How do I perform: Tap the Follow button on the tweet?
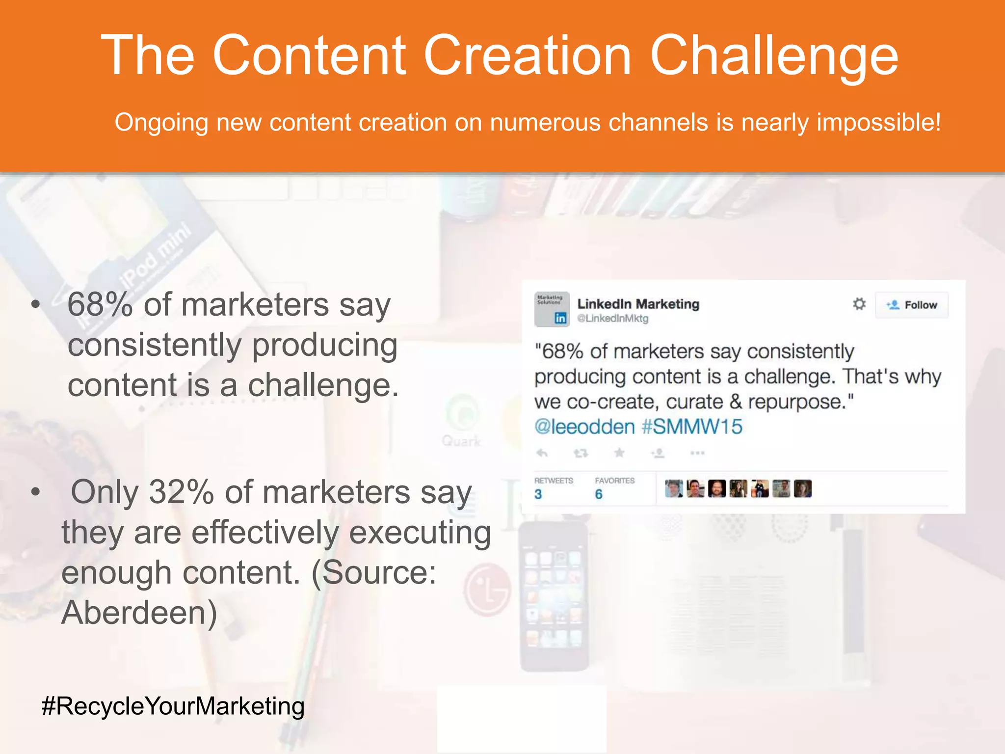912,305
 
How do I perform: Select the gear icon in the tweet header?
859,304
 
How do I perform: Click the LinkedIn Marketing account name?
638,304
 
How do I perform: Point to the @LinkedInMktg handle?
612,319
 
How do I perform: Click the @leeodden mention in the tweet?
584,427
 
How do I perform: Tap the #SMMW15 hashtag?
692,427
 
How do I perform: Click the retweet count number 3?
538,494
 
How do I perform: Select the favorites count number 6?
599,494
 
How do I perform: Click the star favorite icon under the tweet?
619,453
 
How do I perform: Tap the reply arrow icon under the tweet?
542,453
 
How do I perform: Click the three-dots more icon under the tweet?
697,453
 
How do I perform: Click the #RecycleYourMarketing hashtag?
173,706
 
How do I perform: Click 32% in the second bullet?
181,492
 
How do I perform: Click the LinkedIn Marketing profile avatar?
552,309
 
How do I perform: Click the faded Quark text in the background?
461,441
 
